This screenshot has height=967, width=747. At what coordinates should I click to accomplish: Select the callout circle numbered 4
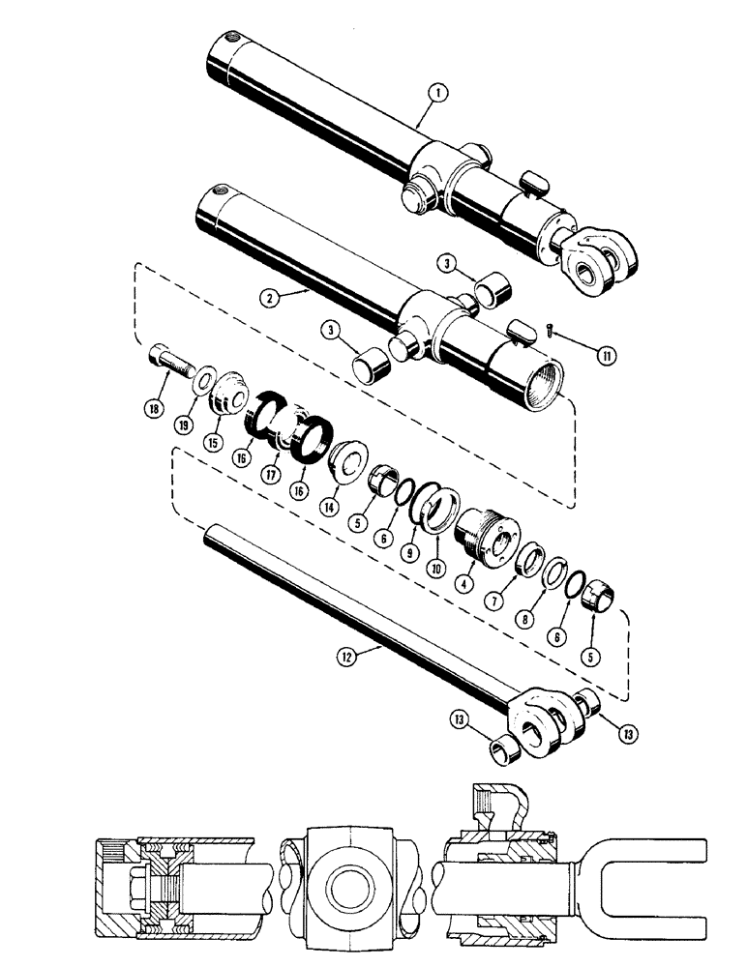click(x=468, y=583)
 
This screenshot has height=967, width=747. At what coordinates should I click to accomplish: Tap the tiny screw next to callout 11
click(x=551, y=332)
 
